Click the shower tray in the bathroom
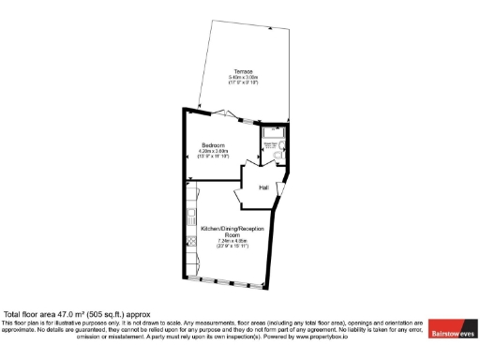click(x=271, y=134)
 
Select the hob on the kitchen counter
click(x=191, y=241)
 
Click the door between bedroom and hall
click(x=250, y=170)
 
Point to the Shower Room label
click(x=271, y=145)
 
